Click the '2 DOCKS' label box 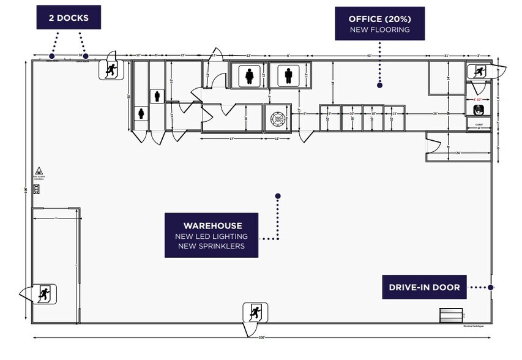68,18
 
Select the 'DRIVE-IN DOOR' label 425,287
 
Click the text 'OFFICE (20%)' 379,19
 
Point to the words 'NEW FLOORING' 379,29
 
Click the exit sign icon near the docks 111,70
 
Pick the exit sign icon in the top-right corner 477,71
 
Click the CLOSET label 479,124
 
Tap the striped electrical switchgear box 451,315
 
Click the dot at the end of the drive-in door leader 491,287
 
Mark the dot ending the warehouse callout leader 278,196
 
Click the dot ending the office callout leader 379,85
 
